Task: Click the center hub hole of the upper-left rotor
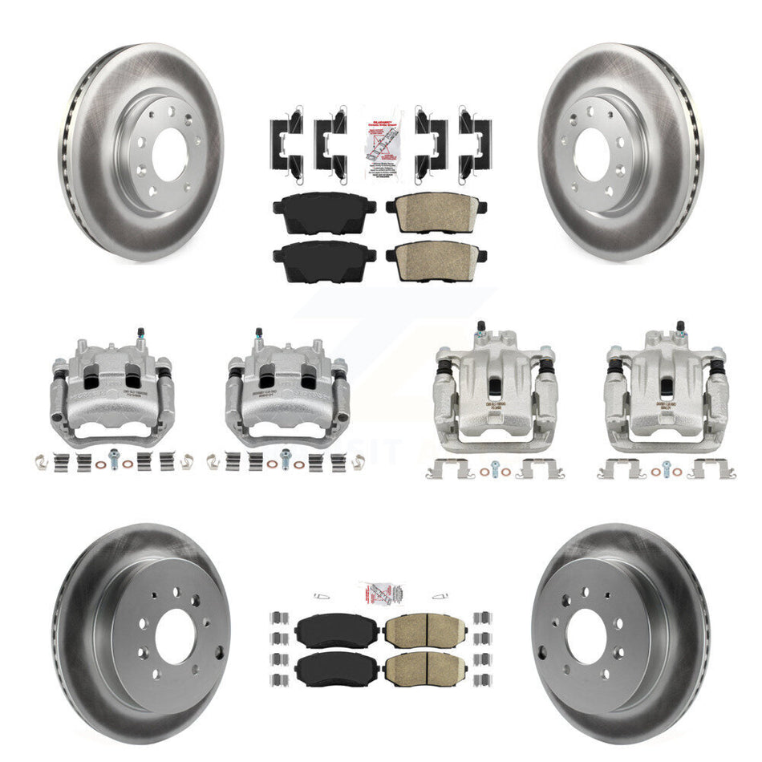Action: click(x=168, y=155)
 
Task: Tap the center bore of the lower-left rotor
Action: click(x=176, y=636)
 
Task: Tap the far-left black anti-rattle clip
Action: click(x=286, y=140)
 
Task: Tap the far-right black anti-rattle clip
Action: click(x=476, y=140)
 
